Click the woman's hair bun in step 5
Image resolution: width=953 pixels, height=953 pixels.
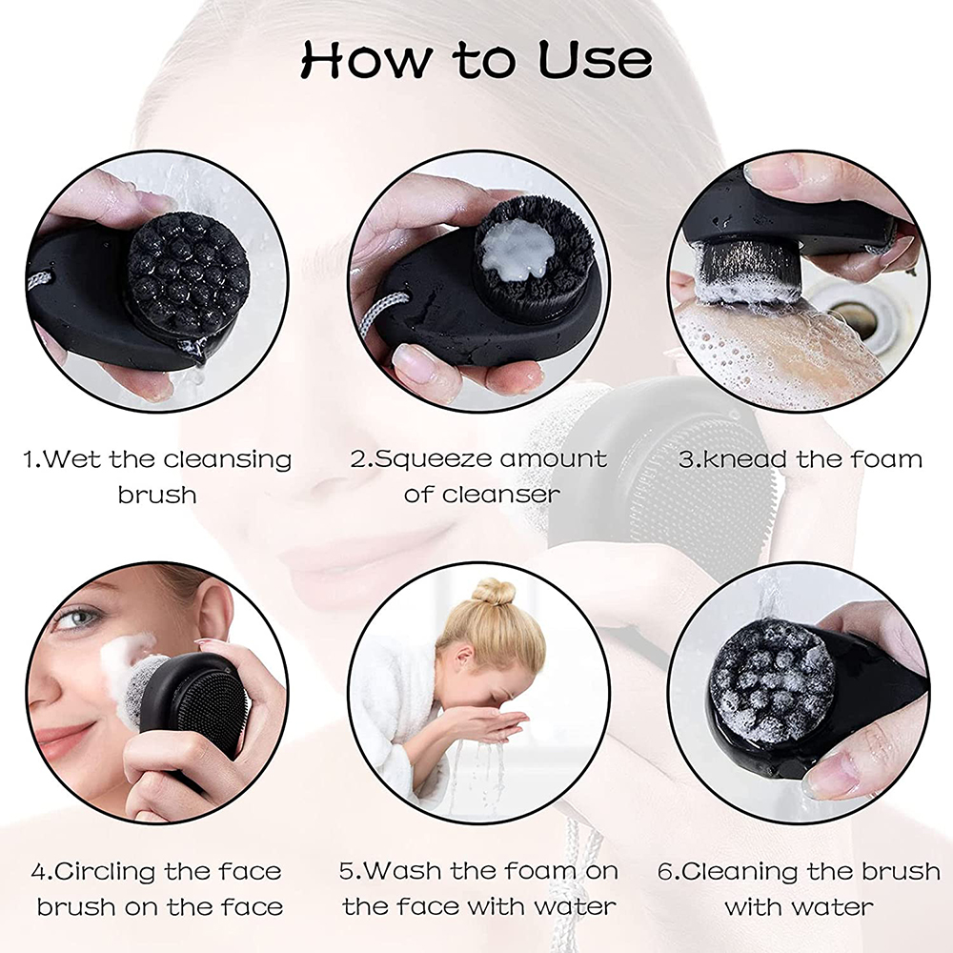tap(493, 592)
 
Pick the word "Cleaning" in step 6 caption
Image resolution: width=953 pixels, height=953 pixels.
tap(747, 871)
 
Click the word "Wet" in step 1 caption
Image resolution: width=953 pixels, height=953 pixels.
tap(74, 459)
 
